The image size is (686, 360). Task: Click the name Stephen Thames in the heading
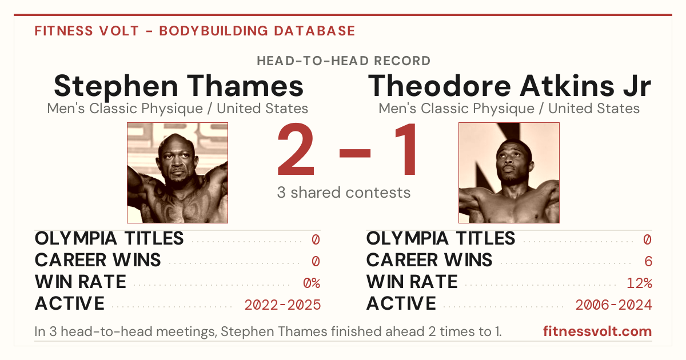(x=178, y=86)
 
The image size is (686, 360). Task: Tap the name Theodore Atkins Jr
(x=509, y=86)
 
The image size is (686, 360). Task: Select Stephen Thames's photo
(x=177, y=173)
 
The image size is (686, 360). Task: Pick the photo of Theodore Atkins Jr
(x=509, y=173)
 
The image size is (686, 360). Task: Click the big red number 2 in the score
(x=296, y=149)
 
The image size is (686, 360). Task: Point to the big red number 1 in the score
(x=406, y=149)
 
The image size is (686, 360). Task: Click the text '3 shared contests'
(x=344, y=193)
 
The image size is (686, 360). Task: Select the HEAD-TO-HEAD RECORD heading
(x=344, y=61)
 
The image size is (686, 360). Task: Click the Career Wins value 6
(x=648, y=261)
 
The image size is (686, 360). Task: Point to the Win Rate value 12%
(x=640, y=283)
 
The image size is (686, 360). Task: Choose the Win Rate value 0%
(x=312, y=283)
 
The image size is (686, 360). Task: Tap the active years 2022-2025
(x=282, y=305)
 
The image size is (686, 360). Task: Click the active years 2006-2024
(x=614, y=305)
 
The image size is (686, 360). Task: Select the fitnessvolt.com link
(x=597, y=331)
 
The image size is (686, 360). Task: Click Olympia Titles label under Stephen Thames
(x=109, y=238)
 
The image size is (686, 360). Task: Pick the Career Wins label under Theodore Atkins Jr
(x=429, y=260)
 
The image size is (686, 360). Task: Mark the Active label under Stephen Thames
(x=70, y=303)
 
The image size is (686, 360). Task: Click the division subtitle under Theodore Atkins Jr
(x=509, y=109)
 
